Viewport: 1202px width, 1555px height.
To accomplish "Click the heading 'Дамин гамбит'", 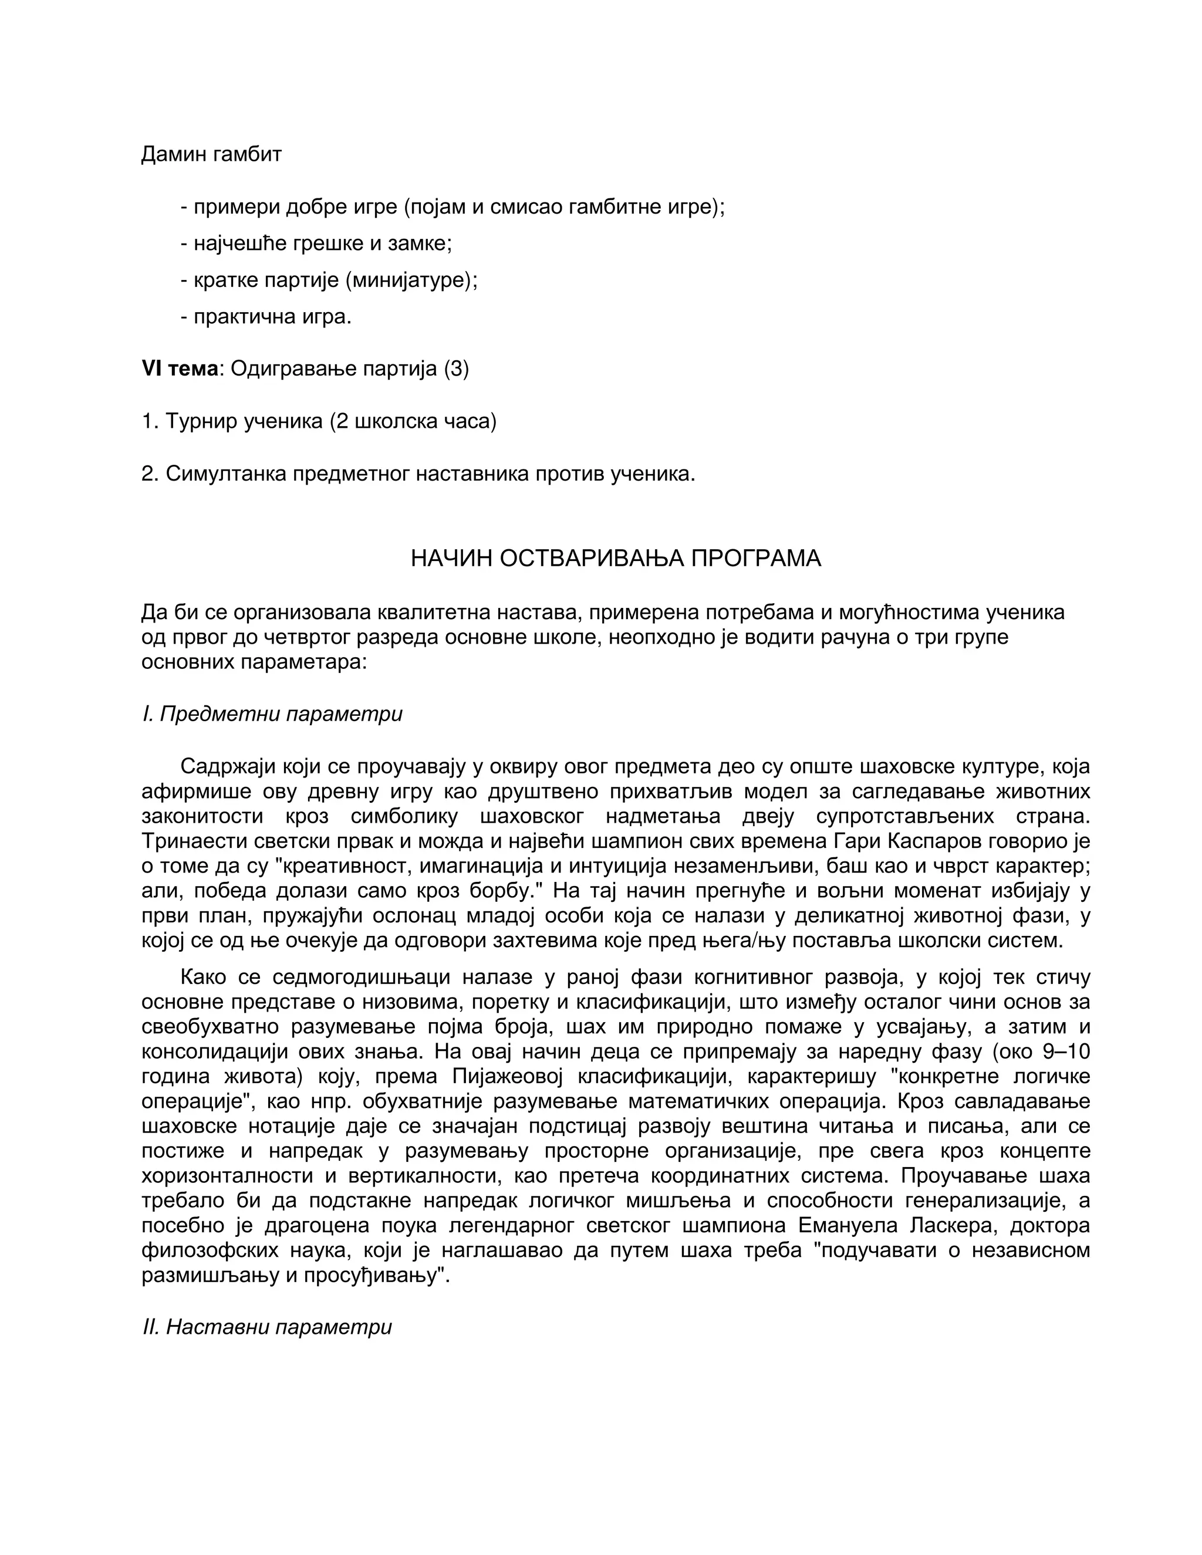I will click(211, 154).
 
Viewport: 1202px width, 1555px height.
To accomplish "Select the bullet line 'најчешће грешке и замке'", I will click(323, 244).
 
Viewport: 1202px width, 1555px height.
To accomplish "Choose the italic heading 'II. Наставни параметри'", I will click(267, 1327).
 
